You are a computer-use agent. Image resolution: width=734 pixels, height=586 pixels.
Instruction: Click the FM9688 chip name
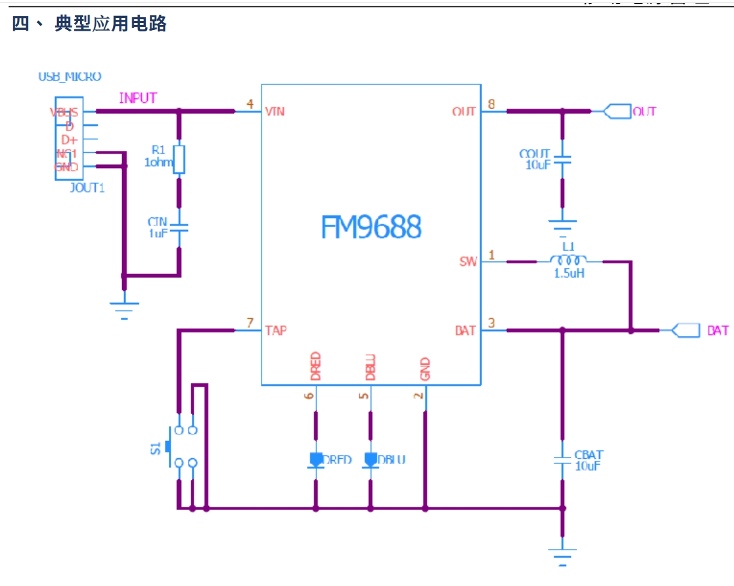[x=371, y=227]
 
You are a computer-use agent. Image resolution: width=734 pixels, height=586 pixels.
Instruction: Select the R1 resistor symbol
[x=179, y=159]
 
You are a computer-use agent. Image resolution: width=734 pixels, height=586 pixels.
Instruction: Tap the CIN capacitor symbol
[x=179, y=228]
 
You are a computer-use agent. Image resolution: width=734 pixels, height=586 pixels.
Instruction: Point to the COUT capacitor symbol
[x=562, y=159]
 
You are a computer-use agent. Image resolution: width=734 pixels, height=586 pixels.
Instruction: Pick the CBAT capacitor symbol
[x=562, y=461]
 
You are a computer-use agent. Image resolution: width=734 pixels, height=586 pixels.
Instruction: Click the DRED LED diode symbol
[x=316, y=460]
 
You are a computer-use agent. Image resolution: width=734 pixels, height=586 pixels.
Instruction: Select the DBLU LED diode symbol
[x=370, y=460]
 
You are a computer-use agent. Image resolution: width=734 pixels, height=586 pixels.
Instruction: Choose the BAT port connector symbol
[x=682, y=330]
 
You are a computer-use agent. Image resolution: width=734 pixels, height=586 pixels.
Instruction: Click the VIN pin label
[x=274, y=112]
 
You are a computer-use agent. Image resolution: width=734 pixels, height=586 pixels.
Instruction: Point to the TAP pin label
[x=276, y=330]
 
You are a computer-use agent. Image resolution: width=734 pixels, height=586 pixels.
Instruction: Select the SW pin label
[x=468, y=261]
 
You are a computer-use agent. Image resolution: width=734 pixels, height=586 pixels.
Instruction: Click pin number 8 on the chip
[x=490, y=104]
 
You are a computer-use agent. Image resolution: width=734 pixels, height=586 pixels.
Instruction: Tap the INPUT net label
[x=137, y=98]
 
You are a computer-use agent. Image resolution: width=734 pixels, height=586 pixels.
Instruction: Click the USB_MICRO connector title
[x=70, y=77]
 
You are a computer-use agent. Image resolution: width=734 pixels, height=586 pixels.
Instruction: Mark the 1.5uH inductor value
[x=568, y=273]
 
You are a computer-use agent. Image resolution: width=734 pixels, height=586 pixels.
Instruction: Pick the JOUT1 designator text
[x=86, y=188]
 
